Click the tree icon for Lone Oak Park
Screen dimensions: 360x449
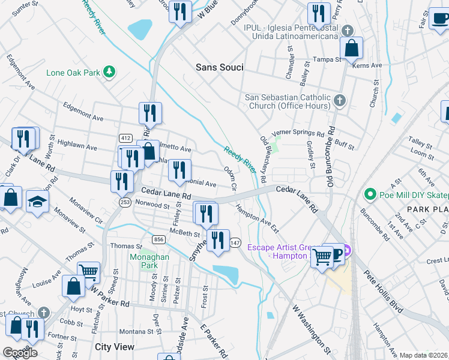109,73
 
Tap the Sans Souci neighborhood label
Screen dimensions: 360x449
220,68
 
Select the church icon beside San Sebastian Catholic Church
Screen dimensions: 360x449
340,100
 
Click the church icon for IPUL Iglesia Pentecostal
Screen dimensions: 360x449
347,31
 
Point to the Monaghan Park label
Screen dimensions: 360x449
144,260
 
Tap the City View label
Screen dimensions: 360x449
115,347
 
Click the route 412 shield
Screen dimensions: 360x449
125,138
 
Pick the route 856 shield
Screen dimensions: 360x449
158,239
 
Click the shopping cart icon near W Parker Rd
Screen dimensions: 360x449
89,272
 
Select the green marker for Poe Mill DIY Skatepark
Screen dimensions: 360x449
370,194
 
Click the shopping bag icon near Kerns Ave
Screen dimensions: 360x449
352,47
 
